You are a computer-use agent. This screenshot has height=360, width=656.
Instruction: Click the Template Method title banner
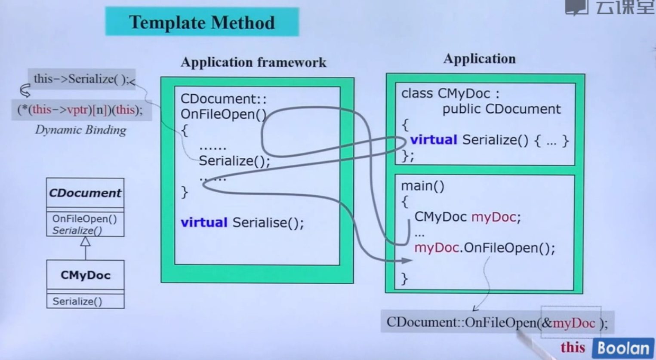tap(202, 22)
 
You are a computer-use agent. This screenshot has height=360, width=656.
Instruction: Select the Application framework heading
tap(253, 62)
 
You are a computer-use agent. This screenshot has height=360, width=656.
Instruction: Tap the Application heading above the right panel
tap(479, 58)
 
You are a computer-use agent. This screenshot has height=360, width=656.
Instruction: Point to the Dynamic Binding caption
tap(80, 130)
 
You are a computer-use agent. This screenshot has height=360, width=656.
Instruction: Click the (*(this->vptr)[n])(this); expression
tap(80, 110)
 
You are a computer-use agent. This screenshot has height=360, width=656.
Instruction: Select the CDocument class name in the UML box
tap(85, 193)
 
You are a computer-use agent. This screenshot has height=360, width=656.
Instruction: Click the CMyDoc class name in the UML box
tap(85, 275)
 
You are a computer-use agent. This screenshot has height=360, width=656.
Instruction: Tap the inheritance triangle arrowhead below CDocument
tap(85, 242)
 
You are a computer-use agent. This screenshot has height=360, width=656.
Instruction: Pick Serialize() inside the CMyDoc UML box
tap(77, 301)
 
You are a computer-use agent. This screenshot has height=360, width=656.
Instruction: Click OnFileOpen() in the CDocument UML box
tap(84, 219)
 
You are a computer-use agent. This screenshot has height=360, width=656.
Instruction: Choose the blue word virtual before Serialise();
tap(204, 222)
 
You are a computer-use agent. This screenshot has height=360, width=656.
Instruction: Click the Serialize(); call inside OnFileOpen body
tap(234, 161)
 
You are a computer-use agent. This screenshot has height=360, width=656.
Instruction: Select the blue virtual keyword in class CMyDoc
tap(434, 140)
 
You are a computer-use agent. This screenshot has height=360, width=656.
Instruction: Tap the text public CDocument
tap(502, 109)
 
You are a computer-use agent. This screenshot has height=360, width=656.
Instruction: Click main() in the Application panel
tap(422, 186)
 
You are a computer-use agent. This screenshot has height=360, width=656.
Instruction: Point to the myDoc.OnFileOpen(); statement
tap(484, 248)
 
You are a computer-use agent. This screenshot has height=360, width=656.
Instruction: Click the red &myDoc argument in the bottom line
tap(569, 323)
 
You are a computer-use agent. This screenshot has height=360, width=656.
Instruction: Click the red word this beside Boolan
tap(573, 348)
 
